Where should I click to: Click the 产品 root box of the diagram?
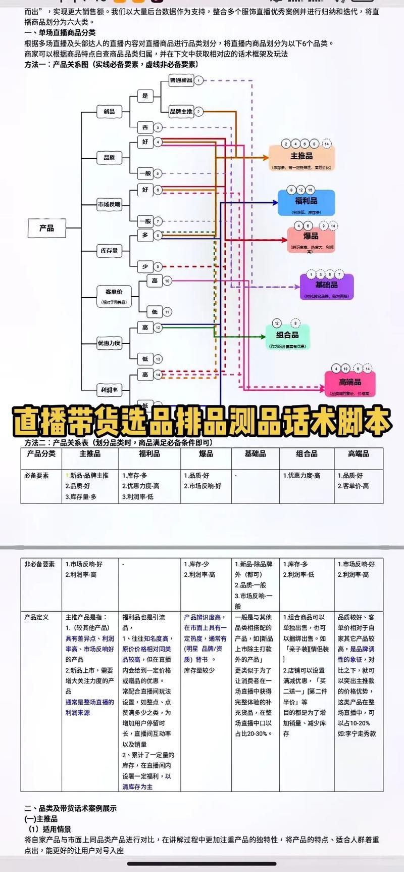[x=47, y=228]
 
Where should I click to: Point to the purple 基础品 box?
[x=327, y=287]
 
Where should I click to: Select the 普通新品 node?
[x=181, y=80]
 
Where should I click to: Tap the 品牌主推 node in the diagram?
[x=181, y=111]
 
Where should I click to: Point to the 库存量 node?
[x=109, y=250]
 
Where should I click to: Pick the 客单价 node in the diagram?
[x=114, y=295]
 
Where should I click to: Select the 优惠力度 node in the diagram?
[x=109, y=343]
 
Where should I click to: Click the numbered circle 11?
[x=167, y=312]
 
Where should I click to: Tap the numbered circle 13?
[x=158, y=359]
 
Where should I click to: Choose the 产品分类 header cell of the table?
[x=41, y=454]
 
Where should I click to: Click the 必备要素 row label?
[x=37, y=476]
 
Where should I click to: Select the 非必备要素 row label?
[x=39, y=564]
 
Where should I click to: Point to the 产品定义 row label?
[x=37, y=617]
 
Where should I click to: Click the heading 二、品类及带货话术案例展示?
[x=71, y=808]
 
